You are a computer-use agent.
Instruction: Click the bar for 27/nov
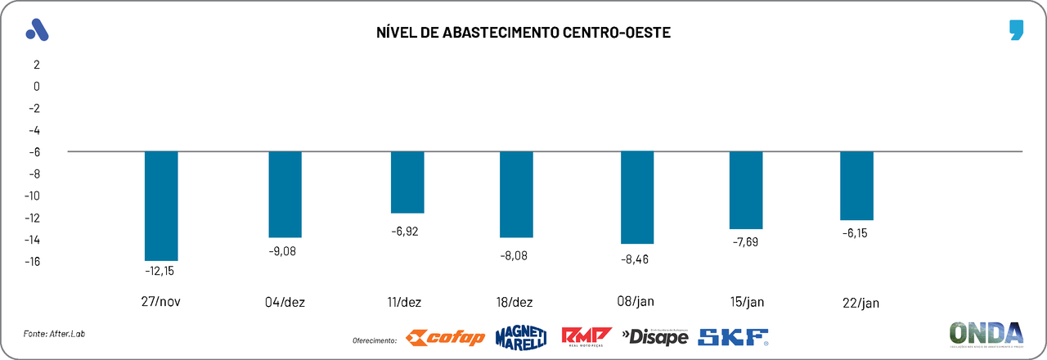click(161, 205)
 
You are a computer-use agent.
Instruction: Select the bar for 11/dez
click(407, 182)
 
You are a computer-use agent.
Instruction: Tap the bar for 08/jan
click(637, 197)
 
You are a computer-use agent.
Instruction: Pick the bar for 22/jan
click(856, 186)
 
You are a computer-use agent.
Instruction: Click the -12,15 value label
click(160, 271)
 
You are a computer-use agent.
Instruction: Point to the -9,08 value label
click(282, 250)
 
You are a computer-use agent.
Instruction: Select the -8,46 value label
click(638, 259)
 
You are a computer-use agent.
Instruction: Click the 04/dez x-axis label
click(285, 302)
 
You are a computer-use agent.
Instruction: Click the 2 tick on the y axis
click(36, 64)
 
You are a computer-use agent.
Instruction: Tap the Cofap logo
click(446, 337)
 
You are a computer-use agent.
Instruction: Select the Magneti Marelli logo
click(520, 337)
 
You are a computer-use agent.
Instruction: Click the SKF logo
click(733, 336)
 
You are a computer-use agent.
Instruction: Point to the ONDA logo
click(986, 334)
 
